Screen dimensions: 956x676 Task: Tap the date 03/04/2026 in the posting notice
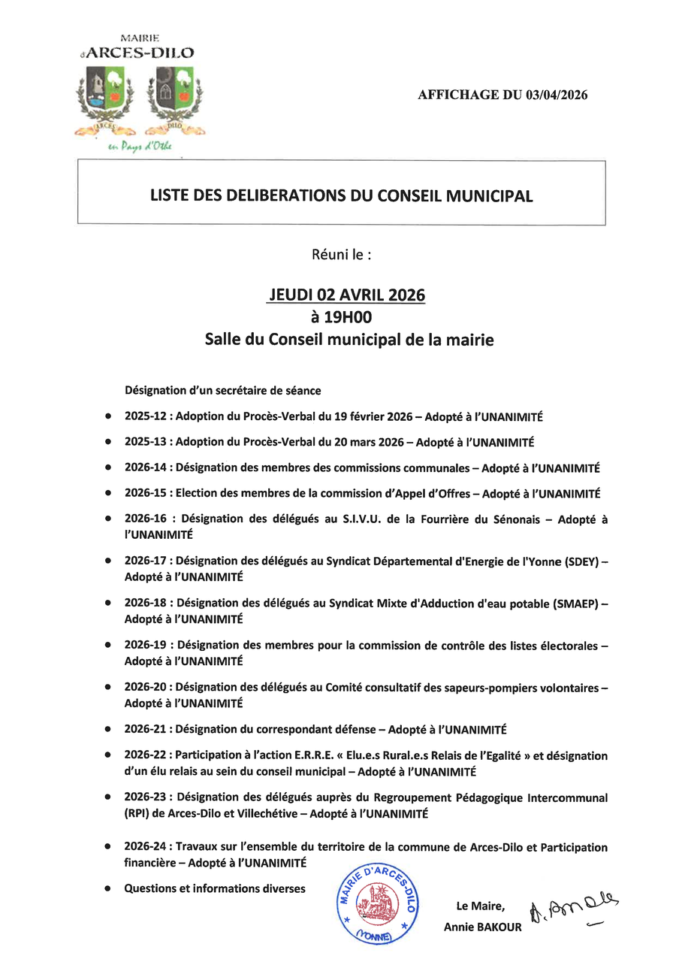tap(557, 95)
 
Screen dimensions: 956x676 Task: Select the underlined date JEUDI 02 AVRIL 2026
tap(346, 295)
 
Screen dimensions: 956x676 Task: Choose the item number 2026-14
tap(146, 467)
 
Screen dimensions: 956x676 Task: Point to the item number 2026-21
tap(146, 729)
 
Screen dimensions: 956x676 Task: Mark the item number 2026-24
tap(146, 847)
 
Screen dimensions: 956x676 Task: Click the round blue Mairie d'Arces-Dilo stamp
tap(378, 903)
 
